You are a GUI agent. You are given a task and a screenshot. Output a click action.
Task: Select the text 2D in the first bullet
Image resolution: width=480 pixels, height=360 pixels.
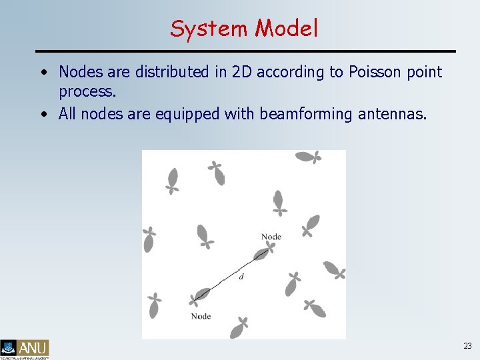pos(241,72)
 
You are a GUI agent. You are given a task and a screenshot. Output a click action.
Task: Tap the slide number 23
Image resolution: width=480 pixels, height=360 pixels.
pos(467,345)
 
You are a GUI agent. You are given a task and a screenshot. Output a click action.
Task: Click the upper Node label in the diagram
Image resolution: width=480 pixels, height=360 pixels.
pos(271,237)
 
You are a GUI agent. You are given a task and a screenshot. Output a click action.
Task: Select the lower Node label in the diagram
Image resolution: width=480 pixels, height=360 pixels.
pos(201,316)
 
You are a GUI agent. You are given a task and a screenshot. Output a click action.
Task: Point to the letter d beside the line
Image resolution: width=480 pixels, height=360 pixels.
pos(241,277)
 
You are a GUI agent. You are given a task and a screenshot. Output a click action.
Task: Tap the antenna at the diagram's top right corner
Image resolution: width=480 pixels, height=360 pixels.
pos(308,157)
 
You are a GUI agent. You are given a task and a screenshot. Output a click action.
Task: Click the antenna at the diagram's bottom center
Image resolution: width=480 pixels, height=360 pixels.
pos(239,327)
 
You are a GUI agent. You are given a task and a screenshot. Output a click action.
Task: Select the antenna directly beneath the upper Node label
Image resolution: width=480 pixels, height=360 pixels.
pos(263,253)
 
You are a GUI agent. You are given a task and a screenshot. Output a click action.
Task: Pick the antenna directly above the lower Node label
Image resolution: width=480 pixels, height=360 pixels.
pos(200,295)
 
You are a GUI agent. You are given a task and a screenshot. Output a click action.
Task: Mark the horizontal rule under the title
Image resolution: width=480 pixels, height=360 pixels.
pos(245,51)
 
